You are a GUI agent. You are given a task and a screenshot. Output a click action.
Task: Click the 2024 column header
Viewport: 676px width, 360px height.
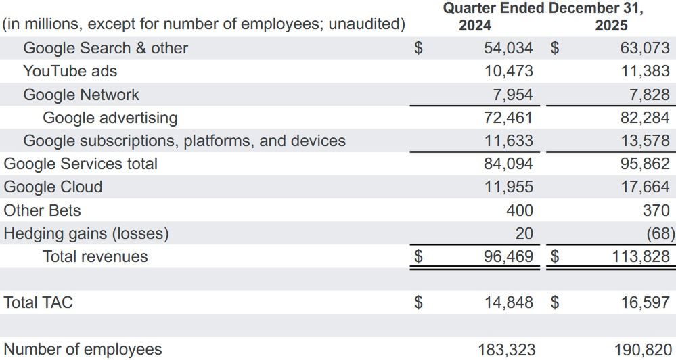474,26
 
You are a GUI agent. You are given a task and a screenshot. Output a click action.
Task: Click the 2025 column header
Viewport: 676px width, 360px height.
611,26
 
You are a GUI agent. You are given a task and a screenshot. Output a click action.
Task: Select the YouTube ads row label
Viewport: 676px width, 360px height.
70,71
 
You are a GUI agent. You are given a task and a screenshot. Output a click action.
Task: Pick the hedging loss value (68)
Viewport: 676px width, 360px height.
658,233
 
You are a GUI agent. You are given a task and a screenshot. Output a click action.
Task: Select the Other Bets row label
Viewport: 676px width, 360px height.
42,210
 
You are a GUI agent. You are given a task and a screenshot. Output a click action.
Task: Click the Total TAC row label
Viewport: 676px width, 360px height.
38,302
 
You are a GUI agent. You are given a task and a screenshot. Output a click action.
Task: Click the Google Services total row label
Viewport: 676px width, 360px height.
81,164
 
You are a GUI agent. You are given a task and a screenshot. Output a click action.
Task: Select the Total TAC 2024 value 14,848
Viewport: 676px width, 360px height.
508,302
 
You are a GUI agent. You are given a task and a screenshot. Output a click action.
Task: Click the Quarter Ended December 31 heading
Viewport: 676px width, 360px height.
543,8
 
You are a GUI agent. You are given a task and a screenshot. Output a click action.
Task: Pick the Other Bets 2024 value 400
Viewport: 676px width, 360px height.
519,210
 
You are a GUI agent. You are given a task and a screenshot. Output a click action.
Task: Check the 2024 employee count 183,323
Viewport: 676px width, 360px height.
505,349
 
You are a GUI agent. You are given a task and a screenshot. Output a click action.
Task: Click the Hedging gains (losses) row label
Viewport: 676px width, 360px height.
86,233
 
